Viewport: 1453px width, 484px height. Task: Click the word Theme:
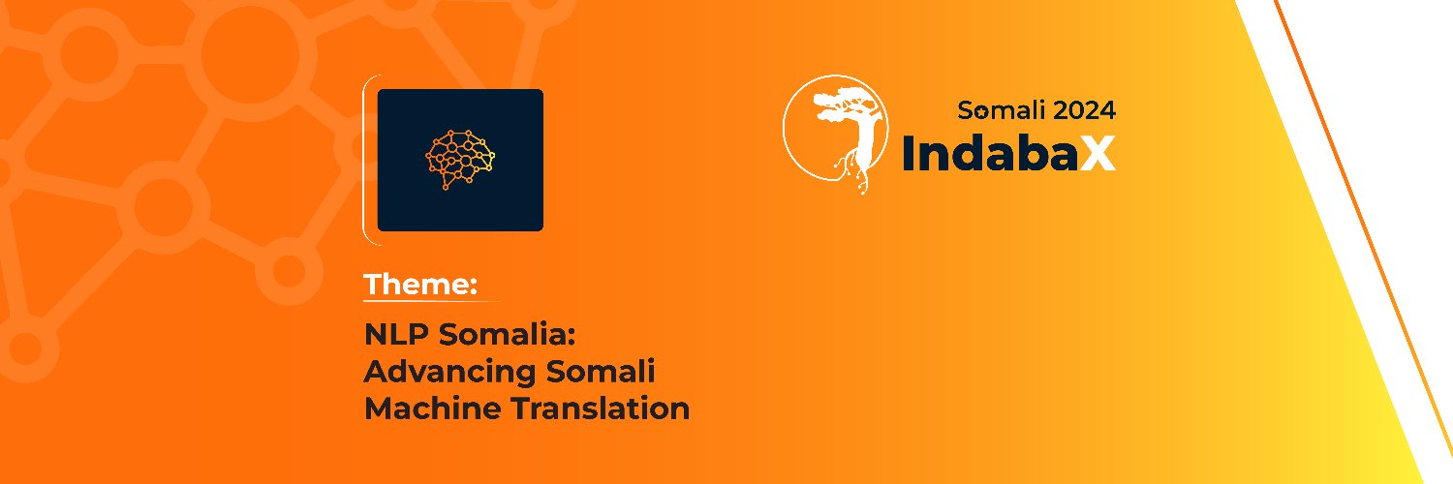420,285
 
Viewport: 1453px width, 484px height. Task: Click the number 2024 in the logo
1085,110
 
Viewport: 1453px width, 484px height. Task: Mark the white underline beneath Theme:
431,301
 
